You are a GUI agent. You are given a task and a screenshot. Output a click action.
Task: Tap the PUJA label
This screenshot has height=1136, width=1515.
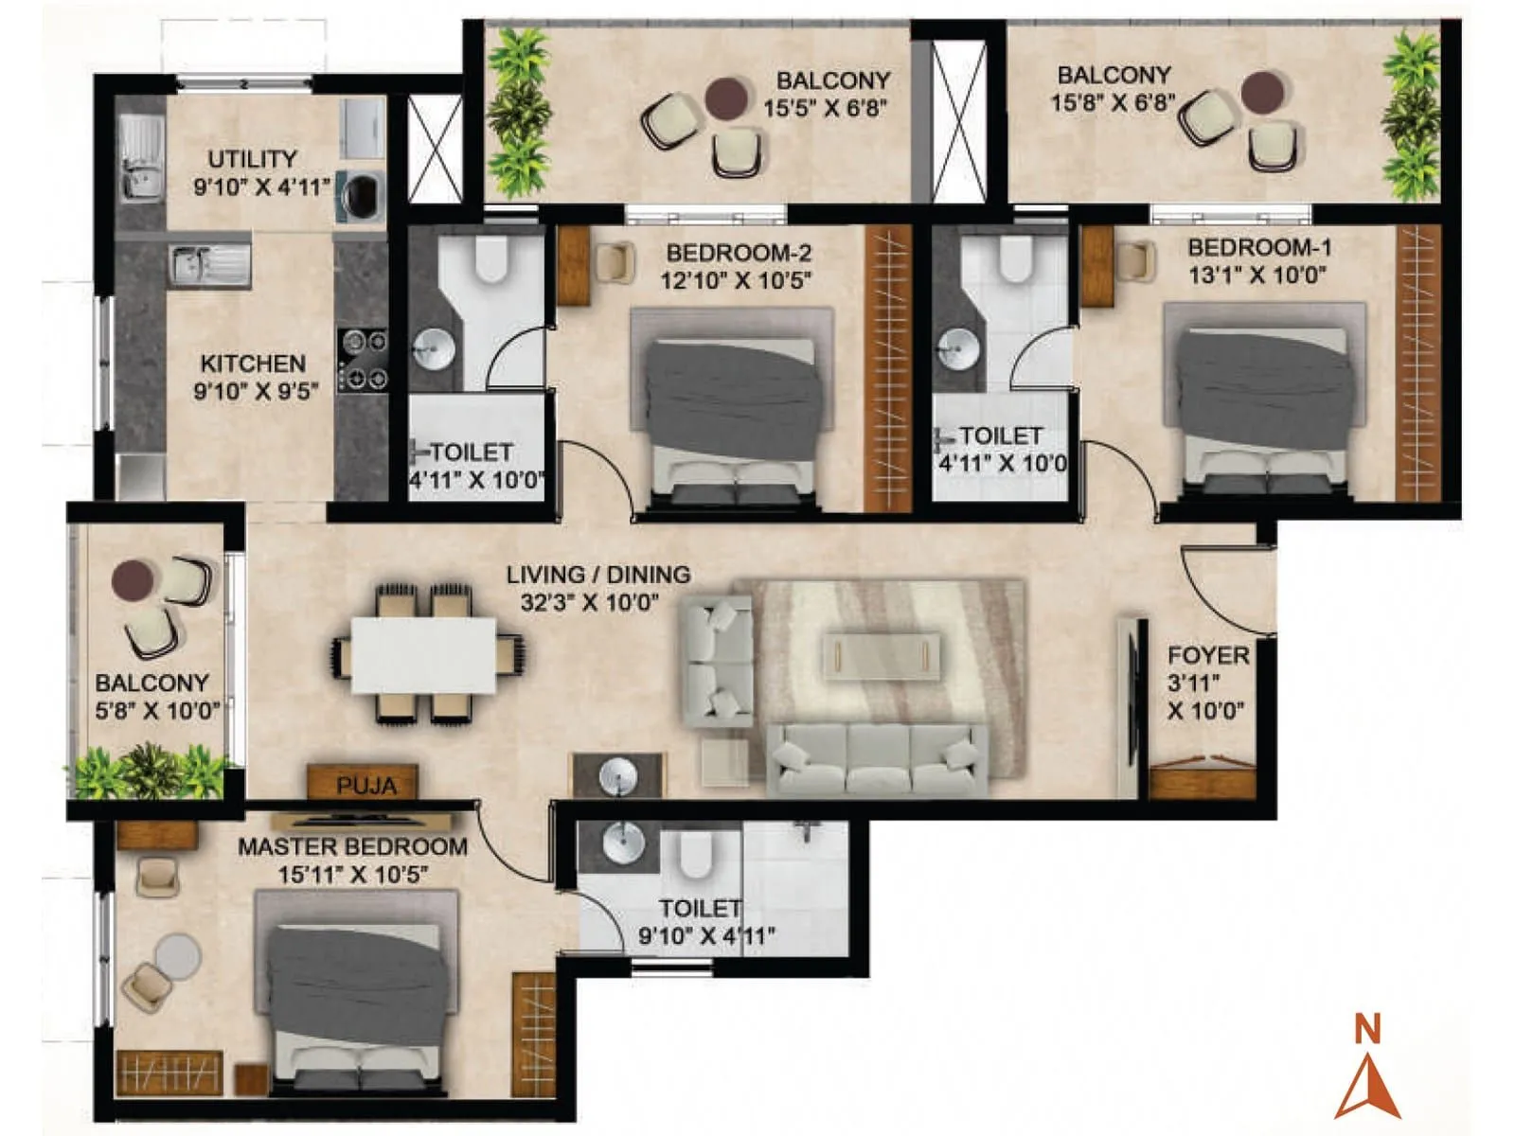(365, 786)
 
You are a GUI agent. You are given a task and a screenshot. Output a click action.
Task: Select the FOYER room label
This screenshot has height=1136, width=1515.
(1207, 655)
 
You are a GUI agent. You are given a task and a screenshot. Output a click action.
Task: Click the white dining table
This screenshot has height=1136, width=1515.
(423, 654)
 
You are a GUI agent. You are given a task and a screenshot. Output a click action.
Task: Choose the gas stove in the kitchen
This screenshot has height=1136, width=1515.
(363, 359)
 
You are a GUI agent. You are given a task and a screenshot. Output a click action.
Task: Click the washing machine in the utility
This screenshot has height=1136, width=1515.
(361, 196)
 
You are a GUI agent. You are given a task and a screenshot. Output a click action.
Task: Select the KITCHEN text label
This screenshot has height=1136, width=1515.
(253, 364)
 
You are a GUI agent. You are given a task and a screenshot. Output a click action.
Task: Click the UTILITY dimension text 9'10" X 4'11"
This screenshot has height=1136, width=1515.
(261, 186)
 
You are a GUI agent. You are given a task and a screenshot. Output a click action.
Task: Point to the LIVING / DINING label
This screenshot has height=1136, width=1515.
(597, 575)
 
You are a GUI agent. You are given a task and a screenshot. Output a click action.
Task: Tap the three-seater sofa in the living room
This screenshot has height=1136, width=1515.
(876, 758)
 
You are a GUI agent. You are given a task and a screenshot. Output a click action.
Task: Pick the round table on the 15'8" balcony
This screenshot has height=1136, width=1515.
(1262, 91)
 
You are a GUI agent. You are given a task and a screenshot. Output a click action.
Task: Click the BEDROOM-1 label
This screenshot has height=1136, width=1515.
(1259, 248)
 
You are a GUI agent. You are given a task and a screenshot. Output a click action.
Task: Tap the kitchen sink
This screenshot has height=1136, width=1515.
(208, 264)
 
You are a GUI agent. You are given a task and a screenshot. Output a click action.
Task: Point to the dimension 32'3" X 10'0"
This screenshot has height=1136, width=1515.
(589, 602)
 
